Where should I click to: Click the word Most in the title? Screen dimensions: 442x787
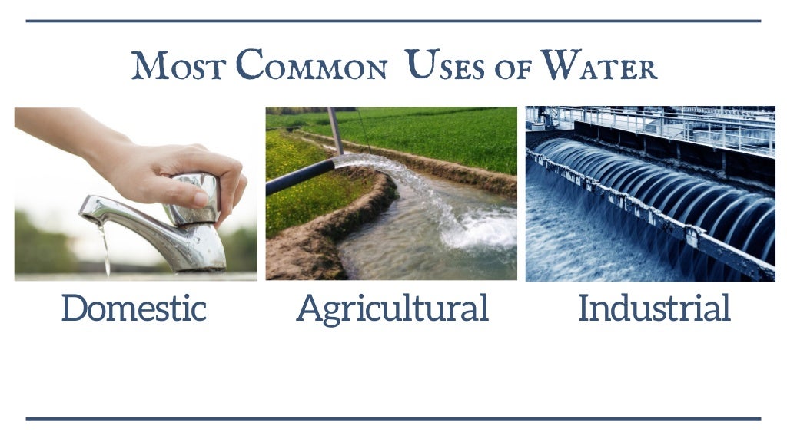178,67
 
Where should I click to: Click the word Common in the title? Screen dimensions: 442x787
311,67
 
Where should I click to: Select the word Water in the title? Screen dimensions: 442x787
599,67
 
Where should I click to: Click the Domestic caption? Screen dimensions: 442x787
134,308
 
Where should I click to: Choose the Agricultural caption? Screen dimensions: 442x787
392,308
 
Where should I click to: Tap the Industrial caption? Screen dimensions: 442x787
654,308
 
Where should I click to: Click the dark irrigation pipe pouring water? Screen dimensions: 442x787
300,177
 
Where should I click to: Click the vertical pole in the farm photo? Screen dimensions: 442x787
336,130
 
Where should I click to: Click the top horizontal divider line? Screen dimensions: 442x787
393,21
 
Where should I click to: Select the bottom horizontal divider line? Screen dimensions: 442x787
393,418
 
